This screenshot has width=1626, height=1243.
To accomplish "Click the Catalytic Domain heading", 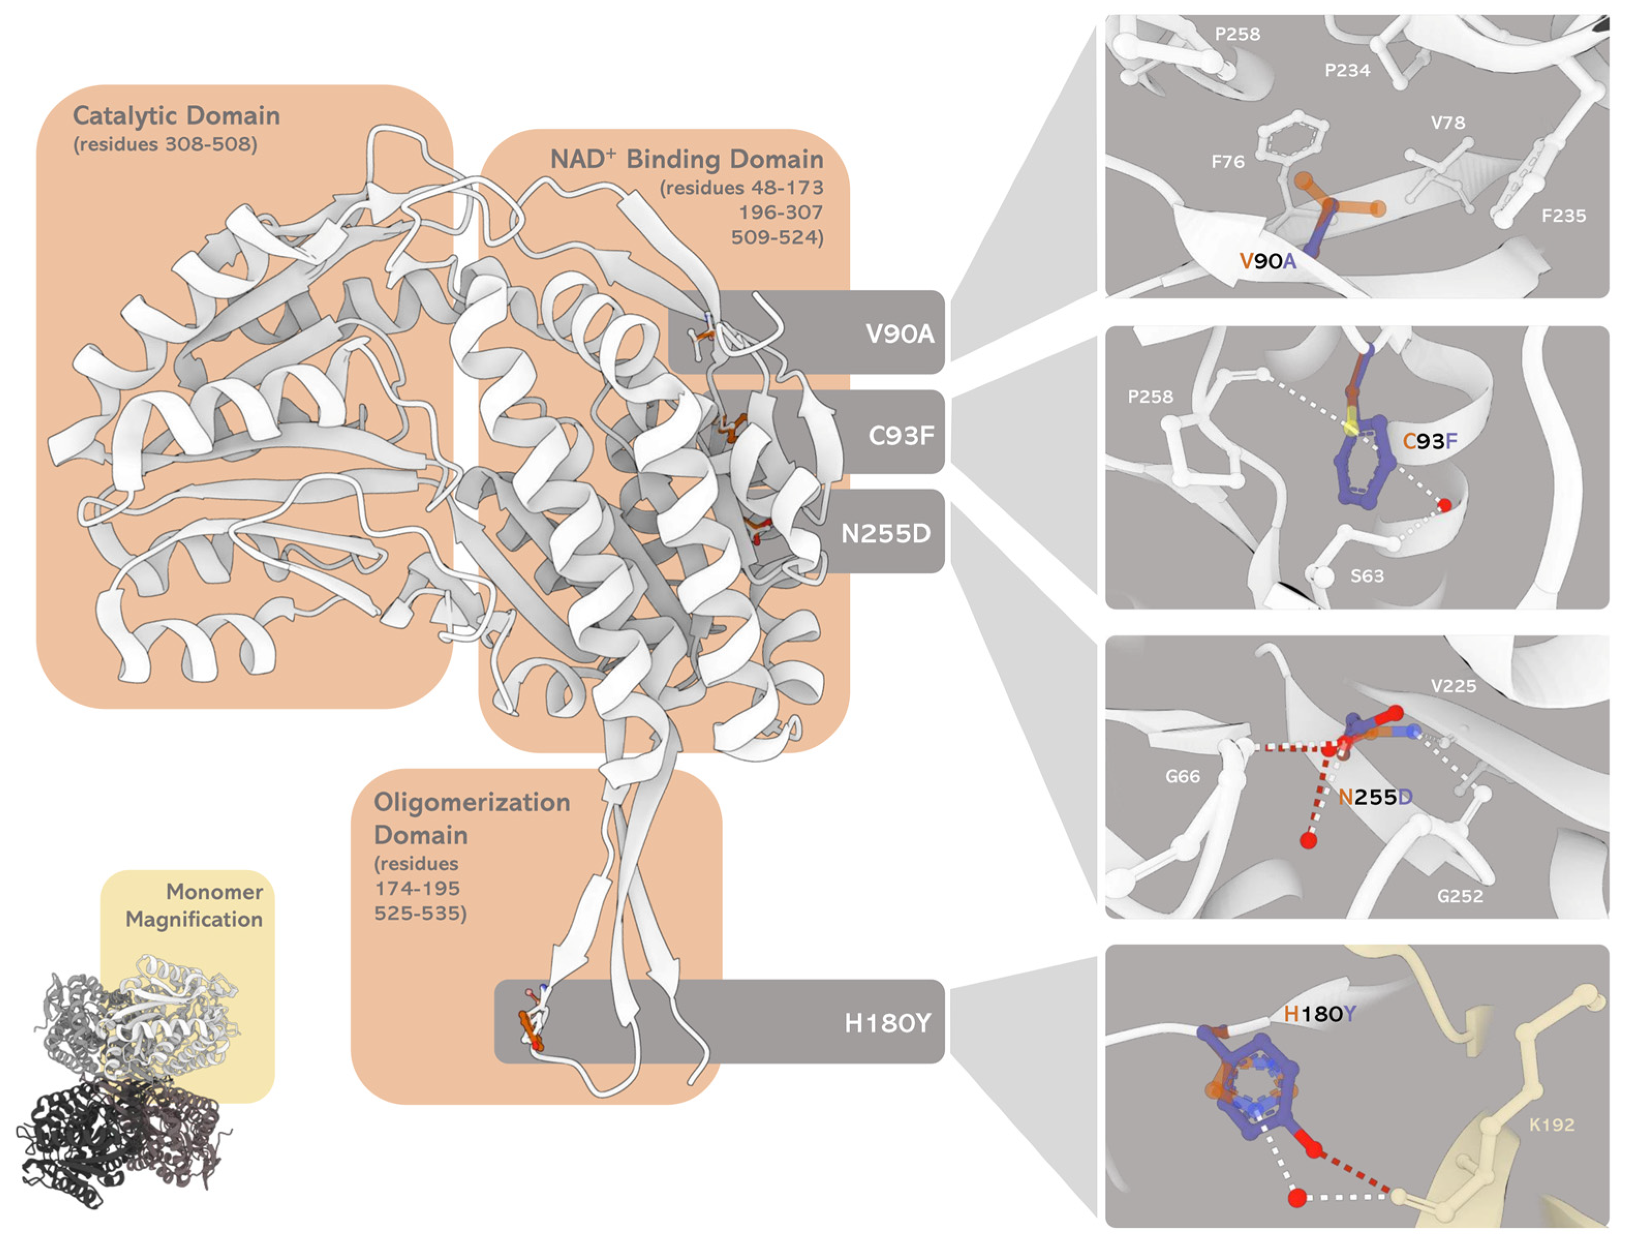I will point(176,116).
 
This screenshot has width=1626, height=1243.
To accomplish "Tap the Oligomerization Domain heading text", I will point(471,818).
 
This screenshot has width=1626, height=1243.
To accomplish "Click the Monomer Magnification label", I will point(194,906).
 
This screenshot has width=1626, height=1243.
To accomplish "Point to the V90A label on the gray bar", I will point(899,334).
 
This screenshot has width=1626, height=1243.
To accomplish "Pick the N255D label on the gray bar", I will point(886,533).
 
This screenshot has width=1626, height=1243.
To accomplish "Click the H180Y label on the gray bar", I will point(887,1023).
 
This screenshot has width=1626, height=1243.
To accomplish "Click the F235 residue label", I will point(1563,216).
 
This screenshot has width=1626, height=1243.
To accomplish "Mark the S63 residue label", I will point(1366,576).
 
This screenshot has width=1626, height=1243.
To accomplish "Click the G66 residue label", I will point(1182,777).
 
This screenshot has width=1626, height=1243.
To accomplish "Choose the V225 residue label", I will point(1453,686).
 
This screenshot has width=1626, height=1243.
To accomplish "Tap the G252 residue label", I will point(1460,897).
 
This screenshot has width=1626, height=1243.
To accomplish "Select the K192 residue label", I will point(1551,1125).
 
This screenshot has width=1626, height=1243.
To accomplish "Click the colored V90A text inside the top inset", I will point(1267,261).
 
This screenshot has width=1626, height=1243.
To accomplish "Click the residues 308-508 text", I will point(165,144).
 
